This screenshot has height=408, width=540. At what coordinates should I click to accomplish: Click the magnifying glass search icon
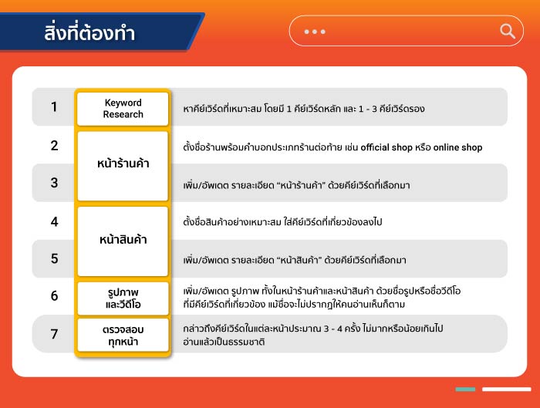tap(508, 32)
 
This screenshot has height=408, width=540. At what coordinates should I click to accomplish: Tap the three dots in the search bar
tap(315, 32)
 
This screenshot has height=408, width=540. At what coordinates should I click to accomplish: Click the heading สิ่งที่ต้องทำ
tap(89, 32)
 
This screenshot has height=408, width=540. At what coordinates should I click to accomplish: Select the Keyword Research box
tap(123, 109)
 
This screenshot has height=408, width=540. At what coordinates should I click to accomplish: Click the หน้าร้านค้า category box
tap(123, 166)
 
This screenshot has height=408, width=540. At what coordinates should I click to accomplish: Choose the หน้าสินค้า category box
tap(123, 241)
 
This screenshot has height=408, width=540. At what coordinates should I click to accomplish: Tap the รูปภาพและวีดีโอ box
tap(123, 298)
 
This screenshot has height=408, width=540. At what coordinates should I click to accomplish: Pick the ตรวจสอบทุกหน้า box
tap(123, 335)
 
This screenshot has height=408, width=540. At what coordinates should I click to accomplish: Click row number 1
tap(54, 106)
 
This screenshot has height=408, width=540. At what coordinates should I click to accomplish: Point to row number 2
tap(55, 145)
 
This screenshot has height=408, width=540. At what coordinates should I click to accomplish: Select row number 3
tap(55, 183)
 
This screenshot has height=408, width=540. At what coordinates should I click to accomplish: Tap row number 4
tap(55, 221)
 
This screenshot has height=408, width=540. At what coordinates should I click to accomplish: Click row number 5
tap(55, 258)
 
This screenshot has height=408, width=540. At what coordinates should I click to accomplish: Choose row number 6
tap(55, 295)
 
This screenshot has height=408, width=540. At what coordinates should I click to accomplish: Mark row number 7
tap(55, 334)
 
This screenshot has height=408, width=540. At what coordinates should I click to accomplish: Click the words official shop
tap(386, 147)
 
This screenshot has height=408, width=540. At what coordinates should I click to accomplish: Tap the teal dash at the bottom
tap(465, 389)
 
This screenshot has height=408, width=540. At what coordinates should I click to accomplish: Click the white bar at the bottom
tap(507, 389)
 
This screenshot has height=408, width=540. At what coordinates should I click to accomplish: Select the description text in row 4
tap(282, 221)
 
